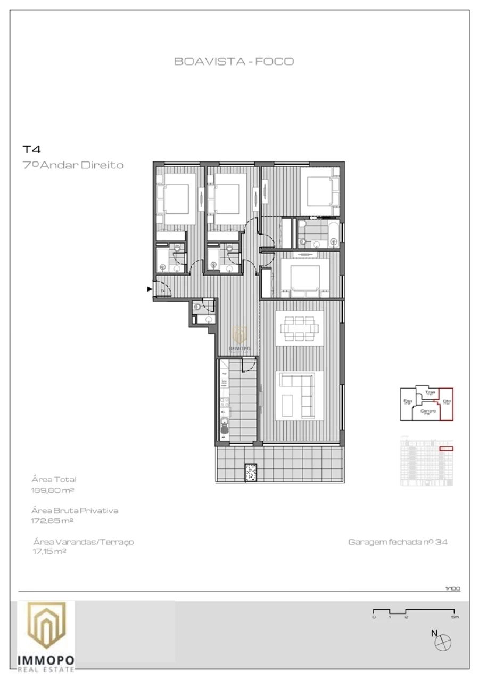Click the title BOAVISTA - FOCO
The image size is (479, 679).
234,61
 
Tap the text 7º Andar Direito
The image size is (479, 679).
73,165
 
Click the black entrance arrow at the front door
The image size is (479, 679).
150,289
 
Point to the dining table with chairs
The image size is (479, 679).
299,328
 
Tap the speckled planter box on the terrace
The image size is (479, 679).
251,472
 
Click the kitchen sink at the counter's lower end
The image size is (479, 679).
224,426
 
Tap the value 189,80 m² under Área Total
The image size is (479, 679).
53,490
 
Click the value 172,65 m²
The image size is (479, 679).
53,521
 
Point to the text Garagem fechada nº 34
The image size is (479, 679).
398,542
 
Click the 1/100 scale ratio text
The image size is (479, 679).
452,588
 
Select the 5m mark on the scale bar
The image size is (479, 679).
454,617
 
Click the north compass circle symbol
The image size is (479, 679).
443,644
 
